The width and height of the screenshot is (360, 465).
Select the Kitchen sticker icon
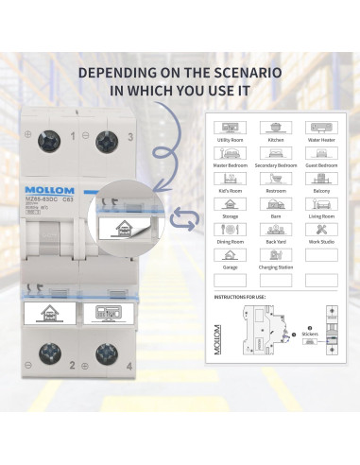coord(276,127)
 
